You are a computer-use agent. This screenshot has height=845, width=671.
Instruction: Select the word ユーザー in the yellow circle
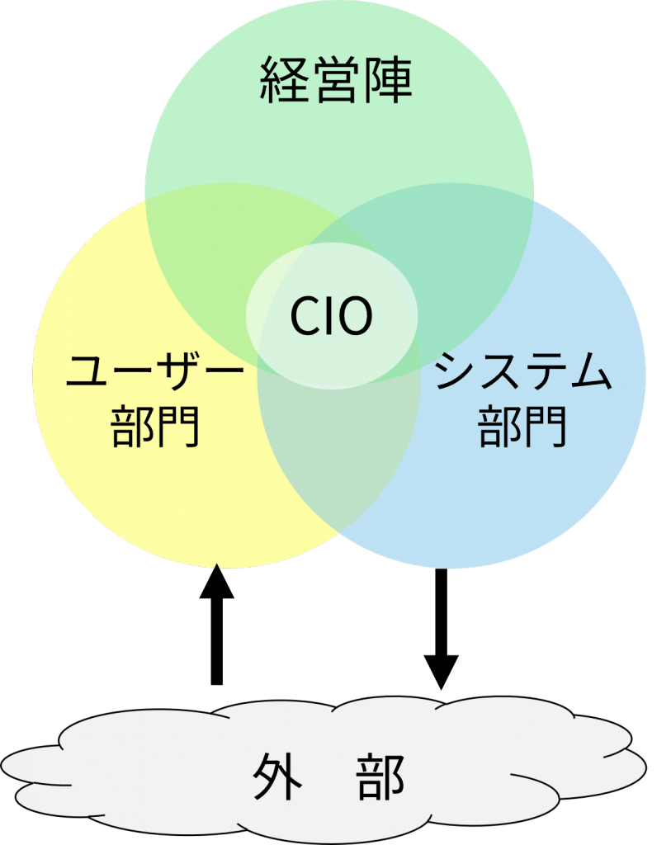[154, 374]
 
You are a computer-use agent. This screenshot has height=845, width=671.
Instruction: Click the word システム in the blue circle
[523, 374]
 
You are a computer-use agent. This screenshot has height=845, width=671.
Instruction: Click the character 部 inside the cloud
[381, 777]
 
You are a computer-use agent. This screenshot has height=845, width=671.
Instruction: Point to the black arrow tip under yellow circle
[216, 567]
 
